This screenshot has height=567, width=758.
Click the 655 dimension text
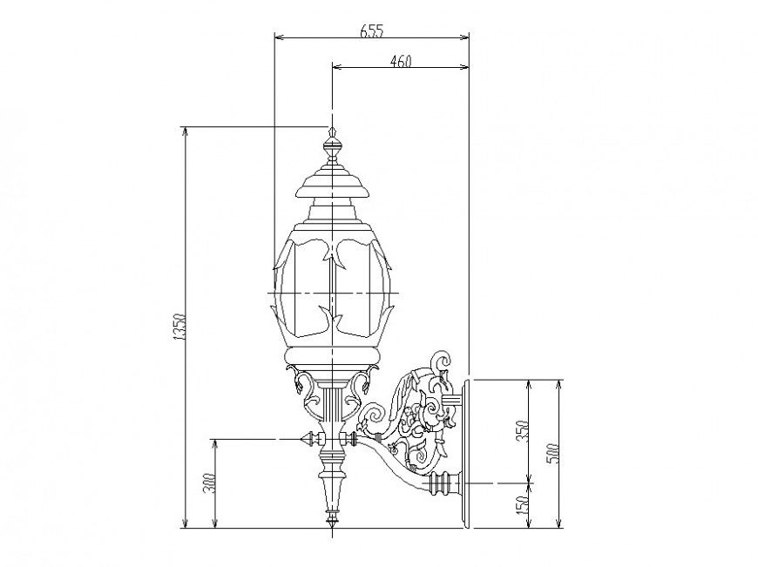pyautogui.click(x=371, y=30)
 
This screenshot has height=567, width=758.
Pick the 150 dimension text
pyautogui.click(x=521, y=504)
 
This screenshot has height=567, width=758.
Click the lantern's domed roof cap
pyautogui.click(x=332, y=182)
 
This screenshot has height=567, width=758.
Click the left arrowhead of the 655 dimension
pyautogui.click(x=279, y=37)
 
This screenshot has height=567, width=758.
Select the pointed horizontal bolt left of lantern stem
pyautogui.click(x=307, y=438)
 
